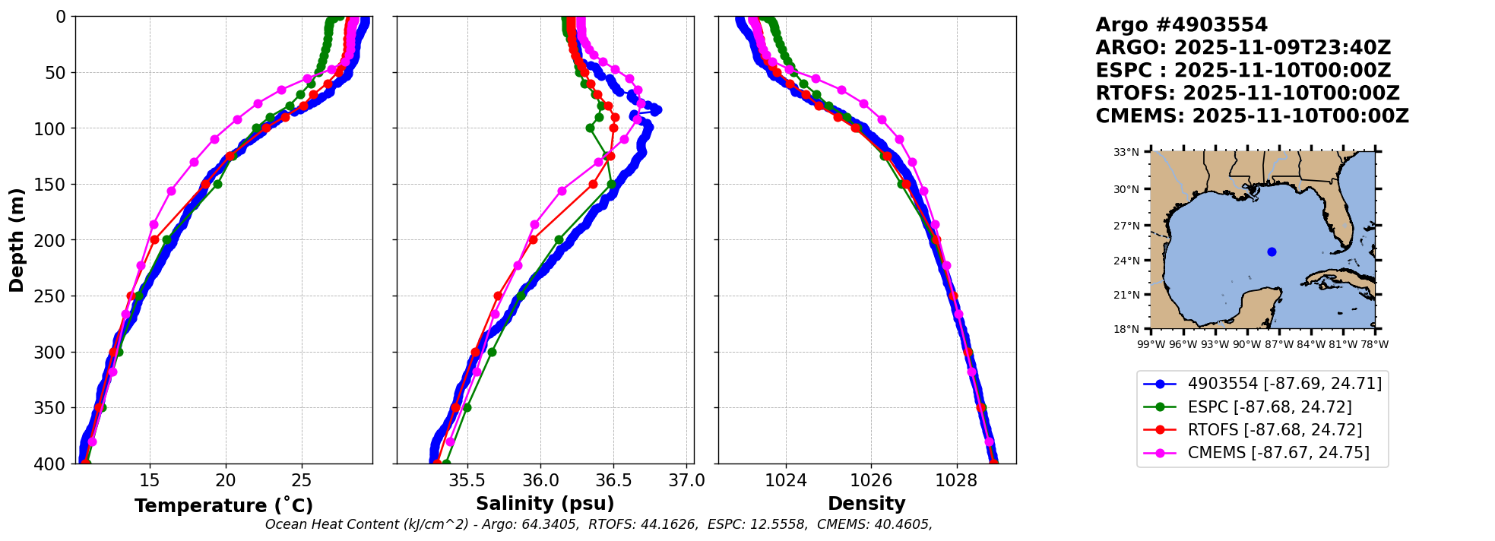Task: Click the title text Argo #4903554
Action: click(1181, 25)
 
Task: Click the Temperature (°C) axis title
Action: click(223, 505)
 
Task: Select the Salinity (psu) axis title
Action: click(545, 503)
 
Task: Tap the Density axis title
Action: click(866, 503)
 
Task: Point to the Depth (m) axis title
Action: click(17, 239)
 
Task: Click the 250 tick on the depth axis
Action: click(53, 296)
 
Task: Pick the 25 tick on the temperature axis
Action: click(302, 480)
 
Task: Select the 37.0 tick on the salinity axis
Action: click(688, 480)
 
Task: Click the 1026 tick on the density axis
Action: click(871, 480)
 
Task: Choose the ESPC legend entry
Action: click(1269, 407)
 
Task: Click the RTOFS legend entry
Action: click(1274, 429)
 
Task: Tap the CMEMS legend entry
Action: click(1278, 452)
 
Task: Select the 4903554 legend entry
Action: click(1284, 384)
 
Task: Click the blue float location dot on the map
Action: click(1272, 252)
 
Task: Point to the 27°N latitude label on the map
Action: click(1126, 226)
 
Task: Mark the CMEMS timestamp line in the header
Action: click(1252, 116)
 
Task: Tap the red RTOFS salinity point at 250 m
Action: click(498, 296)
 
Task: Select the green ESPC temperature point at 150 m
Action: click(217, 184)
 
